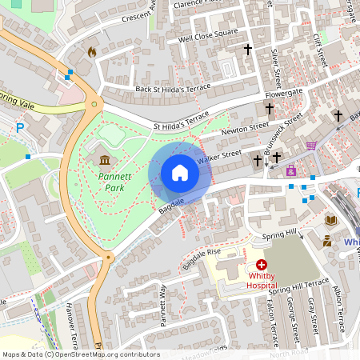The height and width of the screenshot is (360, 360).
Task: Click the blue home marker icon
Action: point(180,172)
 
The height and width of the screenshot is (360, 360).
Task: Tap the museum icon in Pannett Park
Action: point(105,160)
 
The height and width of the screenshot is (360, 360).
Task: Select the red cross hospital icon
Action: point(262,265)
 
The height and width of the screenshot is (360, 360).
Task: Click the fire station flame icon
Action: point(91,52)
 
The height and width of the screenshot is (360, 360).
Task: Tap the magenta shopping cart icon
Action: point(310,145)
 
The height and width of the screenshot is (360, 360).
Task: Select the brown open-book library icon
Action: point(331,219)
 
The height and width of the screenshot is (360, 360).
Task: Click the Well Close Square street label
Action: point(208,37)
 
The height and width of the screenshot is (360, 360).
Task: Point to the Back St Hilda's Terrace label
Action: point(172,89)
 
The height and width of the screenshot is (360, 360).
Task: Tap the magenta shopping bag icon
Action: point(291,170)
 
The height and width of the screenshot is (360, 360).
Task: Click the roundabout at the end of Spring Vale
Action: point(95,103)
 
